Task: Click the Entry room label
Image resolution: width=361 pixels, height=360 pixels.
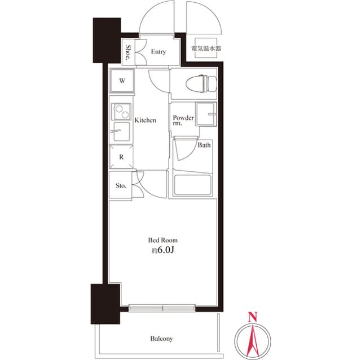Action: point(159,52)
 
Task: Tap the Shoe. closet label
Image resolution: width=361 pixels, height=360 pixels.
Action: point(128,52)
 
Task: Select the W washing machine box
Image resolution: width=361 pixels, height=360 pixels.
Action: point(122,81)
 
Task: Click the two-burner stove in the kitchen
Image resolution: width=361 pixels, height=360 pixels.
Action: point(121,112)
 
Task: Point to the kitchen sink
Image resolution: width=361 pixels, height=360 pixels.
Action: point(121,131)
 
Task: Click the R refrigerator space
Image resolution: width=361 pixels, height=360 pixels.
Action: point(121,157)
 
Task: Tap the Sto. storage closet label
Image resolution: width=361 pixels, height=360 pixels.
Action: point(121,185)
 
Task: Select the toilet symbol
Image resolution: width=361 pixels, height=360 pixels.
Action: point(201,84)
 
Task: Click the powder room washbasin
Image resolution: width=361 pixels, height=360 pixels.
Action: point(206,114)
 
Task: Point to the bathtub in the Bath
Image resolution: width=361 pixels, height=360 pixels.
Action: point(192,185)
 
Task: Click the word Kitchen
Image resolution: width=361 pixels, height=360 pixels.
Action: point(146,120)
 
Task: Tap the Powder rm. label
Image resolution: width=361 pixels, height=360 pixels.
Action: point(183,120)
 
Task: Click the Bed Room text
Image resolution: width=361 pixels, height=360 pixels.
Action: point(163,240)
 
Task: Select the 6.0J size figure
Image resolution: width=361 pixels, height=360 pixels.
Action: point(166,250)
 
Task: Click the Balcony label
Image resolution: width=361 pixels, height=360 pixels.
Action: point(161,339)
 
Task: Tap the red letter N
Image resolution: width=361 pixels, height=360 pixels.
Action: point(253,317)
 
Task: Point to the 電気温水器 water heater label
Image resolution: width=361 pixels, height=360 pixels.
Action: point(206,48)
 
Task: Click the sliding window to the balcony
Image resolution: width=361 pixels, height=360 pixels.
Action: point(162,308)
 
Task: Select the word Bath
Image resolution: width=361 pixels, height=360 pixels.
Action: point(204,145)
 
